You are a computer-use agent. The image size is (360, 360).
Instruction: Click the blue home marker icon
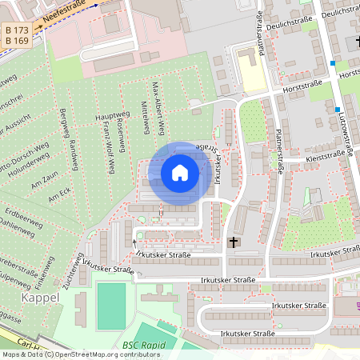(x=180, y=173)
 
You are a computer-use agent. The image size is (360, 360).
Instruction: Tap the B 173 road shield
(x=16, y=30)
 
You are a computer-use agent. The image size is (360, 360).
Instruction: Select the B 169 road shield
(x=16, y=41)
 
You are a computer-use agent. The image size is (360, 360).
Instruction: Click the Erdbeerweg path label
(x=21, y=215)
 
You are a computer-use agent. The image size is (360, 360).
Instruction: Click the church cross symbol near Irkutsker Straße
(x=234, y=241)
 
